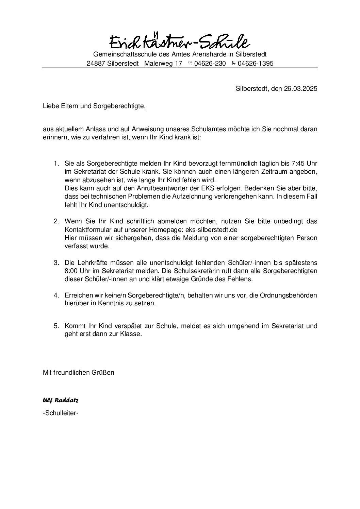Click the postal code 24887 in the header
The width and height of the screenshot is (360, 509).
coord(96,64)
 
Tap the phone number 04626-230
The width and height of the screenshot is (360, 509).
coord(210,64)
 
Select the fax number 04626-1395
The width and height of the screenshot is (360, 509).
coord(256,64)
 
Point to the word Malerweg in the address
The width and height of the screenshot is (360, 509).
coord(159,64)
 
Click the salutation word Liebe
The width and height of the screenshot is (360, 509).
coord(50,106)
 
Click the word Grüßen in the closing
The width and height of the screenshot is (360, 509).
coord(102,372)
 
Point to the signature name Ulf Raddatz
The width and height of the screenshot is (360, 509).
coord(61,400)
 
